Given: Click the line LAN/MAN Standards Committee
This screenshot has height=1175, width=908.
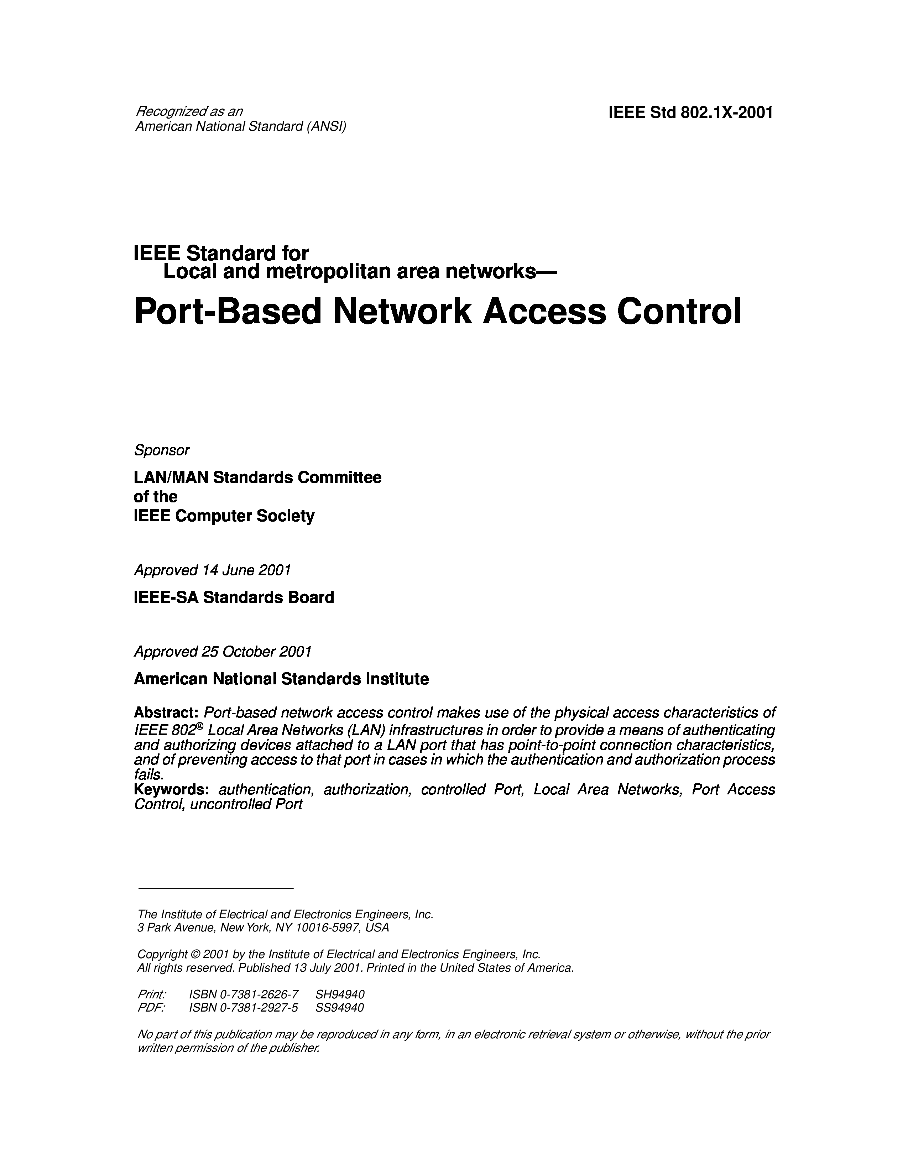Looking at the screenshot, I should [x=257, y=477].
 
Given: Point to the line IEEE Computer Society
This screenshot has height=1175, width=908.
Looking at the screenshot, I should [x=224, y=516].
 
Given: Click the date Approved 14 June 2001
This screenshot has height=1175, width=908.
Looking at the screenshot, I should [x=212, y=570].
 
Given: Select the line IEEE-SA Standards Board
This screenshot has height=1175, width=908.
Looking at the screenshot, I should [x=234, y=597].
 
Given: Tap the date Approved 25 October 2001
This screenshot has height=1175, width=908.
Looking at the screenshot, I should [x=223, y=652].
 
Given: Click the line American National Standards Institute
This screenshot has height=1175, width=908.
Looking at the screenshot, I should [x=281, y=679].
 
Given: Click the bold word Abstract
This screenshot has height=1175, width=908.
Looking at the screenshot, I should [x=167, y=713].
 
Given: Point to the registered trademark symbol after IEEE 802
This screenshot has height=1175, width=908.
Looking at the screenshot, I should [x=199, y=726].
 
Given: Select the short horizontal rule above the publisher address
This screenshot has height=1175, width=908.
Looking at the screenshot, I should [x=216, y=888].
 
